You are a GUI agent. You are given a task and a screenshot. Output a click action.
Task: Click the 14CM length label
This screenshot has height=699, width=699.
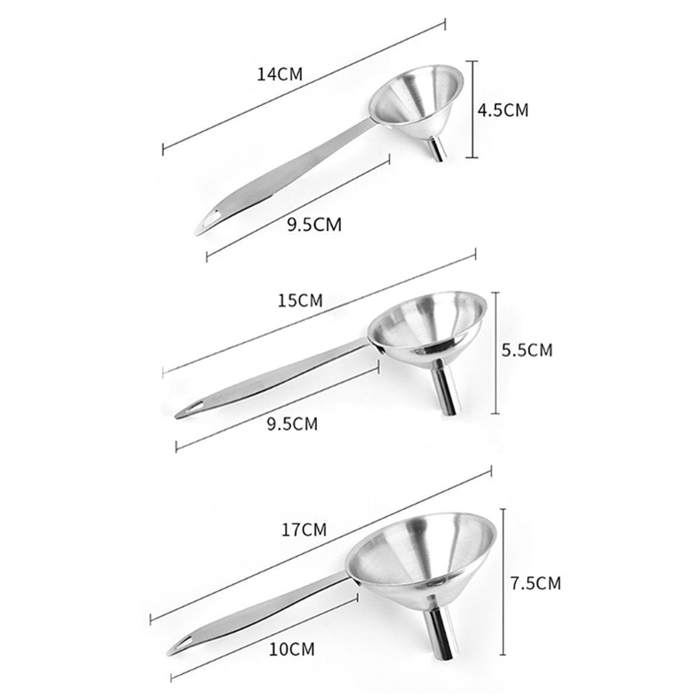click(280, 74)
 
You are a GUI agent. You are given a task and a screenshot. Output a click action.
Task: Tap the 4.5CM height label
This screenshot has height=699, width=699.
click(502, 110)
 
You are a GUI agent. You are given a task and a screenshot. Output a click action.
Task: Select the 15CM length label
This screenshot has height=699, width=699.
click(300, 301)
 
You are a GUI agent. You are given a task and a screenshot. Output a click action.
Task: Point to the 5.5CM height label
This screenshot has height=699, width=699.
click(527, 350)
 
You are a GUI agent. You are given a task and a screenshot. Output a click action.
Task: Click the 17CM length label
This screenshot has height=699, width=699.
click(304, 529)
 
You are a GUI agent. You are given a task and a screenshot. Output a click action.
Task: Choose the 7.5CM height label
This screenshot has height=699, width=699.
click(536, 583)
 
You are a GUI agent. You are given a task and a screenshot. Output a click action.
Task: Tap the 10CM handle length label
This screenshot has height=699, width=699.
click(291, 649)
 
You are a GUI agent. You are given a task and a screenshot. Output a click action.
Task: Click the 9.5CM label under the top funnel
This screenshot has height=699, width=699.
click(314, 225)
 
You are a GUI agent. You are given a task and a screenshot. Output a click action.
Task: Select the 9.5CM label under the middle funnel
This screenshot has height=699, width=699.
click(292, 424)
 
